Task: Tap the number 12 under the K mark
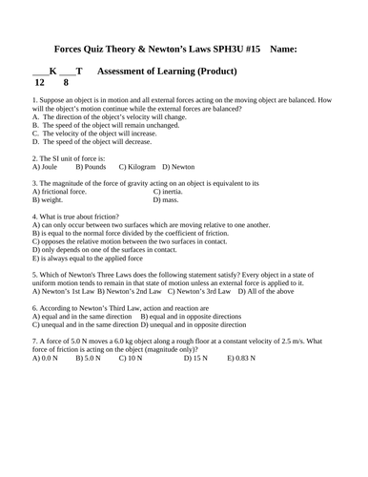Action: (39, 83)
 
